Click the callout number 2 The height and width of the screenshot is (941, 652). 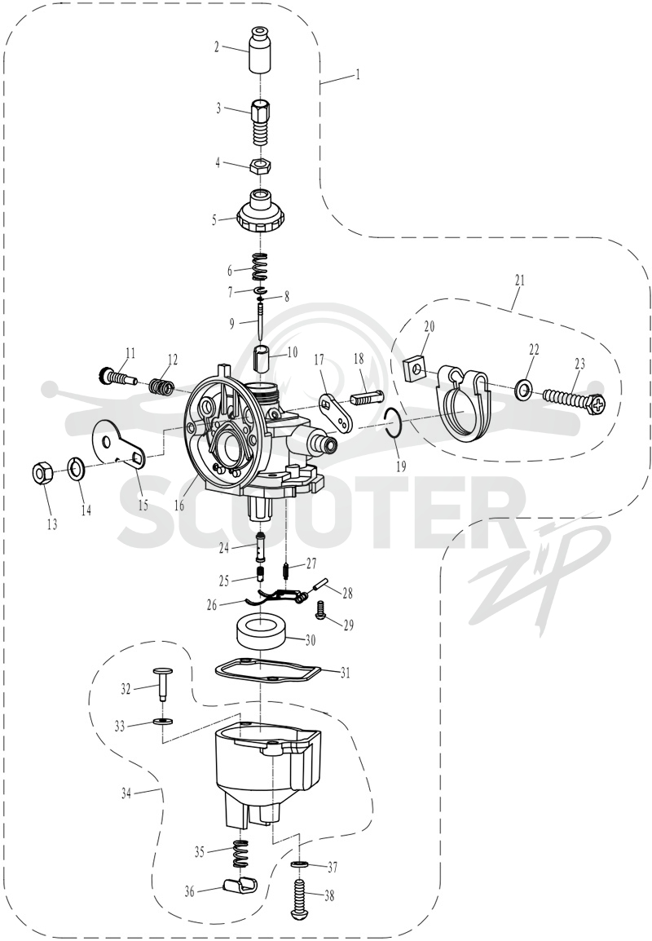pos(217,46)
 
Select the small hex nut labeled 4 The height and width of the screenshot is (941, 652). pos(261,166)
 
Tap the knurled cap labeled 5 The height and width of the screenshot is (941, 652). pos(260,211)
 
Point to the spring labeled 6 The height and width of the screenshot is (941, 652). pos(260,267)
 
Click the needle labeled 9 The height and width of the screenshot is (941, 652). pos(261,321)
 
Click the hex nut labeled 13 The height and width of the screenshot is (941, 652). pos(42,474)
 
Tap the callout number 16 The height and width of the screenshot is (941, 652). pos(179,505)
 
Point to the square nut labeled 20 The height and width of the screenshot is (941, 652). pos(415,369)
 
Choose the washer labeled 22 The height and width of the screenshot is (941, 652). pos(522,387)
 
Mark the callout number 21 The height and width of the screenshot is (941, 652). pos(519,280)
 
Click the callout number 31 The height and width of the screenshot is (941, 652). pos(345,673)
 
